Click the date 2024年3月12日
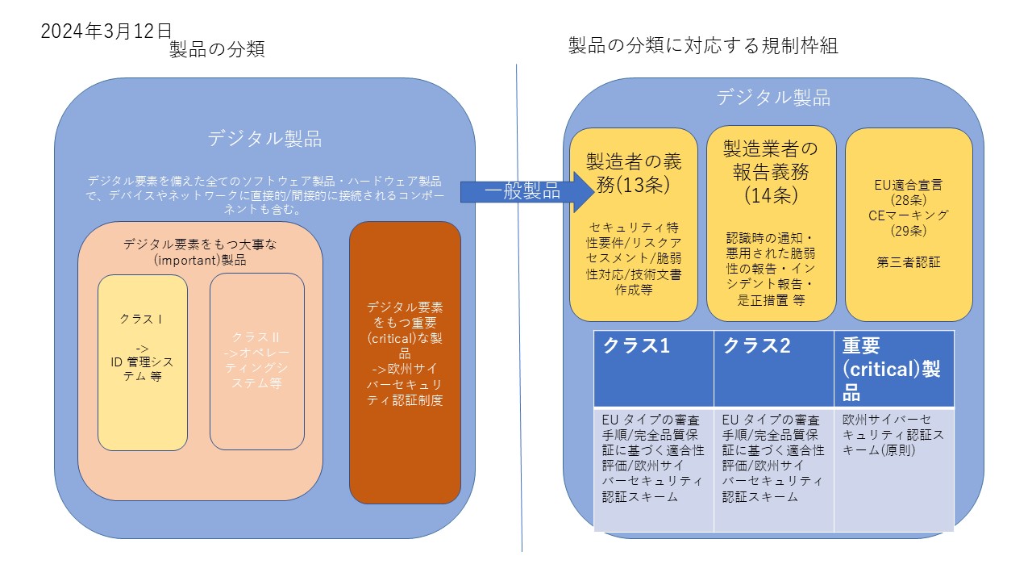[106, 31]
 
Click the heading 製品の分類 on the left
[217, 50]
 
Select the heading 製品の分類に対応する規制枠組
[703, 46]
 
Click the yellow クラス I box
[142, 362]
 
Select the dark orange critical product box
[405, 362]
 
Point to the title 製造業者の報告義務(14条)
[770, 171]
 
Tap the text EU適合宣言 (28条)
[908, 191]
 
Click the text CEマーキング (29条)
[908, 223]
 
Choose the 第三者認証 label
[908, 261]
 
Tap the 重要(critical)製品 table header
[893, 368]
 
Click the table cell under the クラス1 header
[653, 468]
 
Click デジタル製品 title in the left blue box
[264, 139]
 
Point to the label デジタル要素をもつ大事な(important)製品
[199, 250]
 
